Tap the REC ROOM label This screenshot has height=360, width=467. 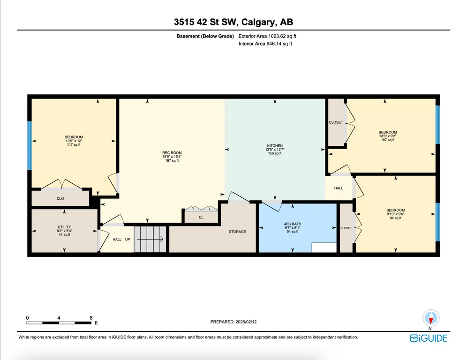[x=172, y=153]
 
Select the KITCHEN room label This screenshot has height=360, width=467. [x=275, y=146]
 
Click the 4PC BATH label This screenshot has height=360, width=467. [x=293, y=224]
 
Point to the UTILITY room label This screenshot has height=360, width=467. [x=64, y=227]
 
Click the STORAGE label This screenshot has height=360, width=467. [x=237, y=232]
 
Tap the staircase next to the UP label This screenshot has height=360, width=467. [x=150, y=239]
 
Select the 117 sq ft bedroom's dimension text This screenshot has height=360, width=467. [x=74, y=141]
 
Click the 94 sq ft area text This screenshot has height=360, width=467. [x=396, y=218]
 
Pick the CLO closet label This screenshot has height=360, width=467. [x=60, y=199]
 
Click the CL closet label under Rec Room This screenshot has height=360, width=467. [x=201, y=217]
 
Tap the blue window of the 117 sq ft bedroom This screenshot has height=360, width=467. [x=30, y=146]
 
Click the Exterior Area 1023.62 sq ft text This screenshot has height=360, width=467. [x=267, y=36]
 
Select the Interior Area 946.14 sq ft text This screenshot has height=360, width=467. [x=265, y=44]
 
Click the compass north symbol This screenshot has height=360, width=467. [x=431, y=318]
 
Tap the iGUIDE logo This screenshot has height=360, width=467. [x=429, y=338]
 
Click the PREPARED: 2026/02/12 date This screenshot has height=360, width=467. [x=233, y=322]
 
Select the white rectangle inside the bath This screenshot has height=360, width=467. [x=324, y=248]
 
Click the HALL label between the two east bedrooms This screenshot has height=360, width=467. [x=339, y=188]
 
